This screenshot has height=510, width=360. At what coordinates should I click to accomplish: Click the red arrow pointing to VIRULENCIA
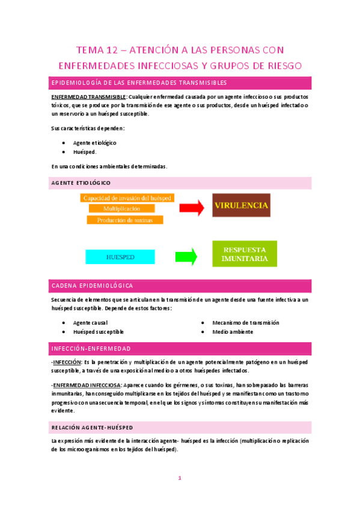[x=192, y=208]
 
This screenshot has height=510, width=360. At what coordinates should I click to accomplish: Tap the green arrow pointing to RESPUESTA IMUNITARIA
[x=186, y=256]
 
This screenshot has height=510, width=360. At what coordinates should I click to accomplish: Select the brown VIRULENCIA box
[x=241, y=205]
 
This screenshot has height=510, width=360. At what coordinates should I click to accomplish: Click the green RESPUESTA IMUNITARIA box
[x=245, y=253]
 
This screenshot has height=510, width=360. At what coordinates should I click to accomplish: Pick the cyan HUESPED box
[x=120, y=257]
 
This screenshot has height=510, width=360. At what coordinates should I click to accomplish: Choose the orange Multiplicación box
[x=121, y=208]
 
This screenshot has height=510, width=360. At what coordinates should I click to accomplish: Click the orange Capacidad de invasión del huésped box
[x=127, y=197]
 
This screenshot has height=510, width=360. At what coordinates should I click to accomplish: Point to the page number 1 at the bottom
[x=179, y=478]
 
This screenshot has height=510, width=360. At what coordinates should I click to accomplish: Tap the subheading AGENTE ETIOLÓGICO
[x=81, y=183]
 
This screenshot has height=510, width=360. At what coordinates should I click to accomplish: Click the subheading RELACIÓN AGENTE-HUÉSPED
[x=93, y=427]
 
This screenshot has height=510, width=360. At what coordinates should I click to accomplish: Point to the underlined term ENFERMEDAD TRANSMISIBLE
[x=88, y=96]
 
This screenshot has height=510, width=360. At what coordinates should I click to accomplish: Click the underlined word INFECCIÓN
[x=67, y=363]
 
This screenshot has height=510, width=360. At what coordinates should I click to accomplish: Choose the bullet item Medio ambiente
[x=233, y=331]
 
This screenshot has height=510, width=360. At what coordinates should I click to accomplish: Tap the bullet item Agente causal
[x=90, y=322]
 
